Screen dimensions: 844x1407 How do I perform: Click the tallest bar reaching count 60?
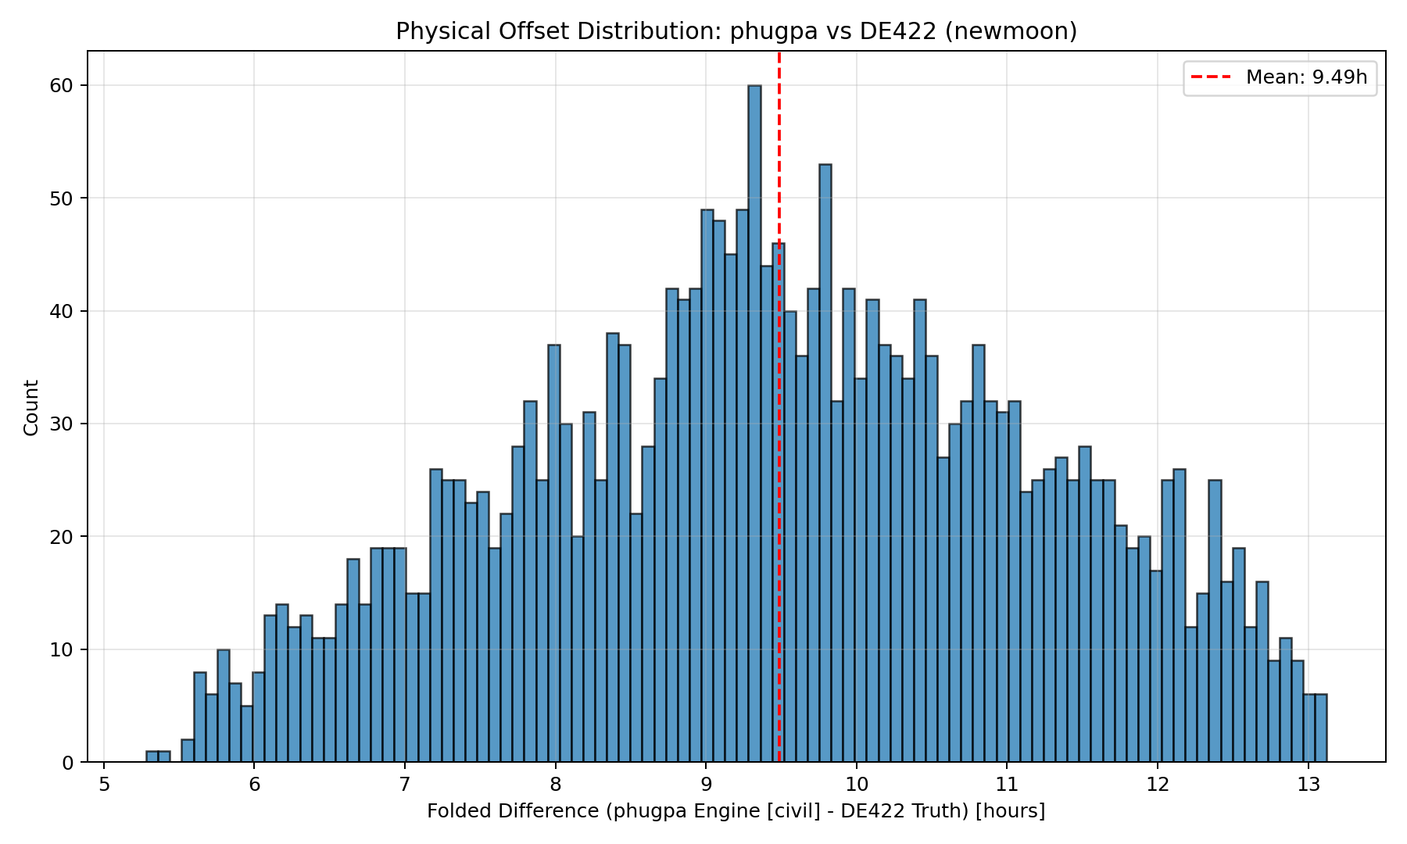coord(754,422)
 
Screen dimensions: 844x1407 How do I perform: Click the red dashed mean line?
coord(779,156)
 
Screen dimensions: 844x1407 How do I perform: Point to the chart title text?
coord(736,31)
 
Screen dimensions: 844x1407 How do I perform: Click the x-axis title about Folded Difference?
coord(736,811)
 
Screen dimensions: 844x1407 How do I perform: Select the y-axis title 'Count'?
coord(31,407)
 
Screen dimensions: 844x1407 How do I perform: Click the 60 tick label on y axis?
coord(63,85)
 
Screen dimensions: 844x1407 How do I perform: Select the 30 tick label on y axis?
coord(63,424)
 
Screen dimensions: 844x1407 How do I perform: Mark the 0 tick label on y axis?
coord(68,762)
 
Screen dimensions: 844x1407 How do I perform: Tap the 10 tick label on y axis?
coord(63,649)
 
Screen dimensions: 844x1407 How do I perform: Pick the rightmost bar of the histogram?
coord(1320,728)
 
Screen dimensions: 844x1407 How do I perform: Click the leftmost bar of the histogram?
coord(152,757)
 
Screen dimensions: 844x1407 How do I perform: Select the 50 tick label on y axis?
coord(63,198)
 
